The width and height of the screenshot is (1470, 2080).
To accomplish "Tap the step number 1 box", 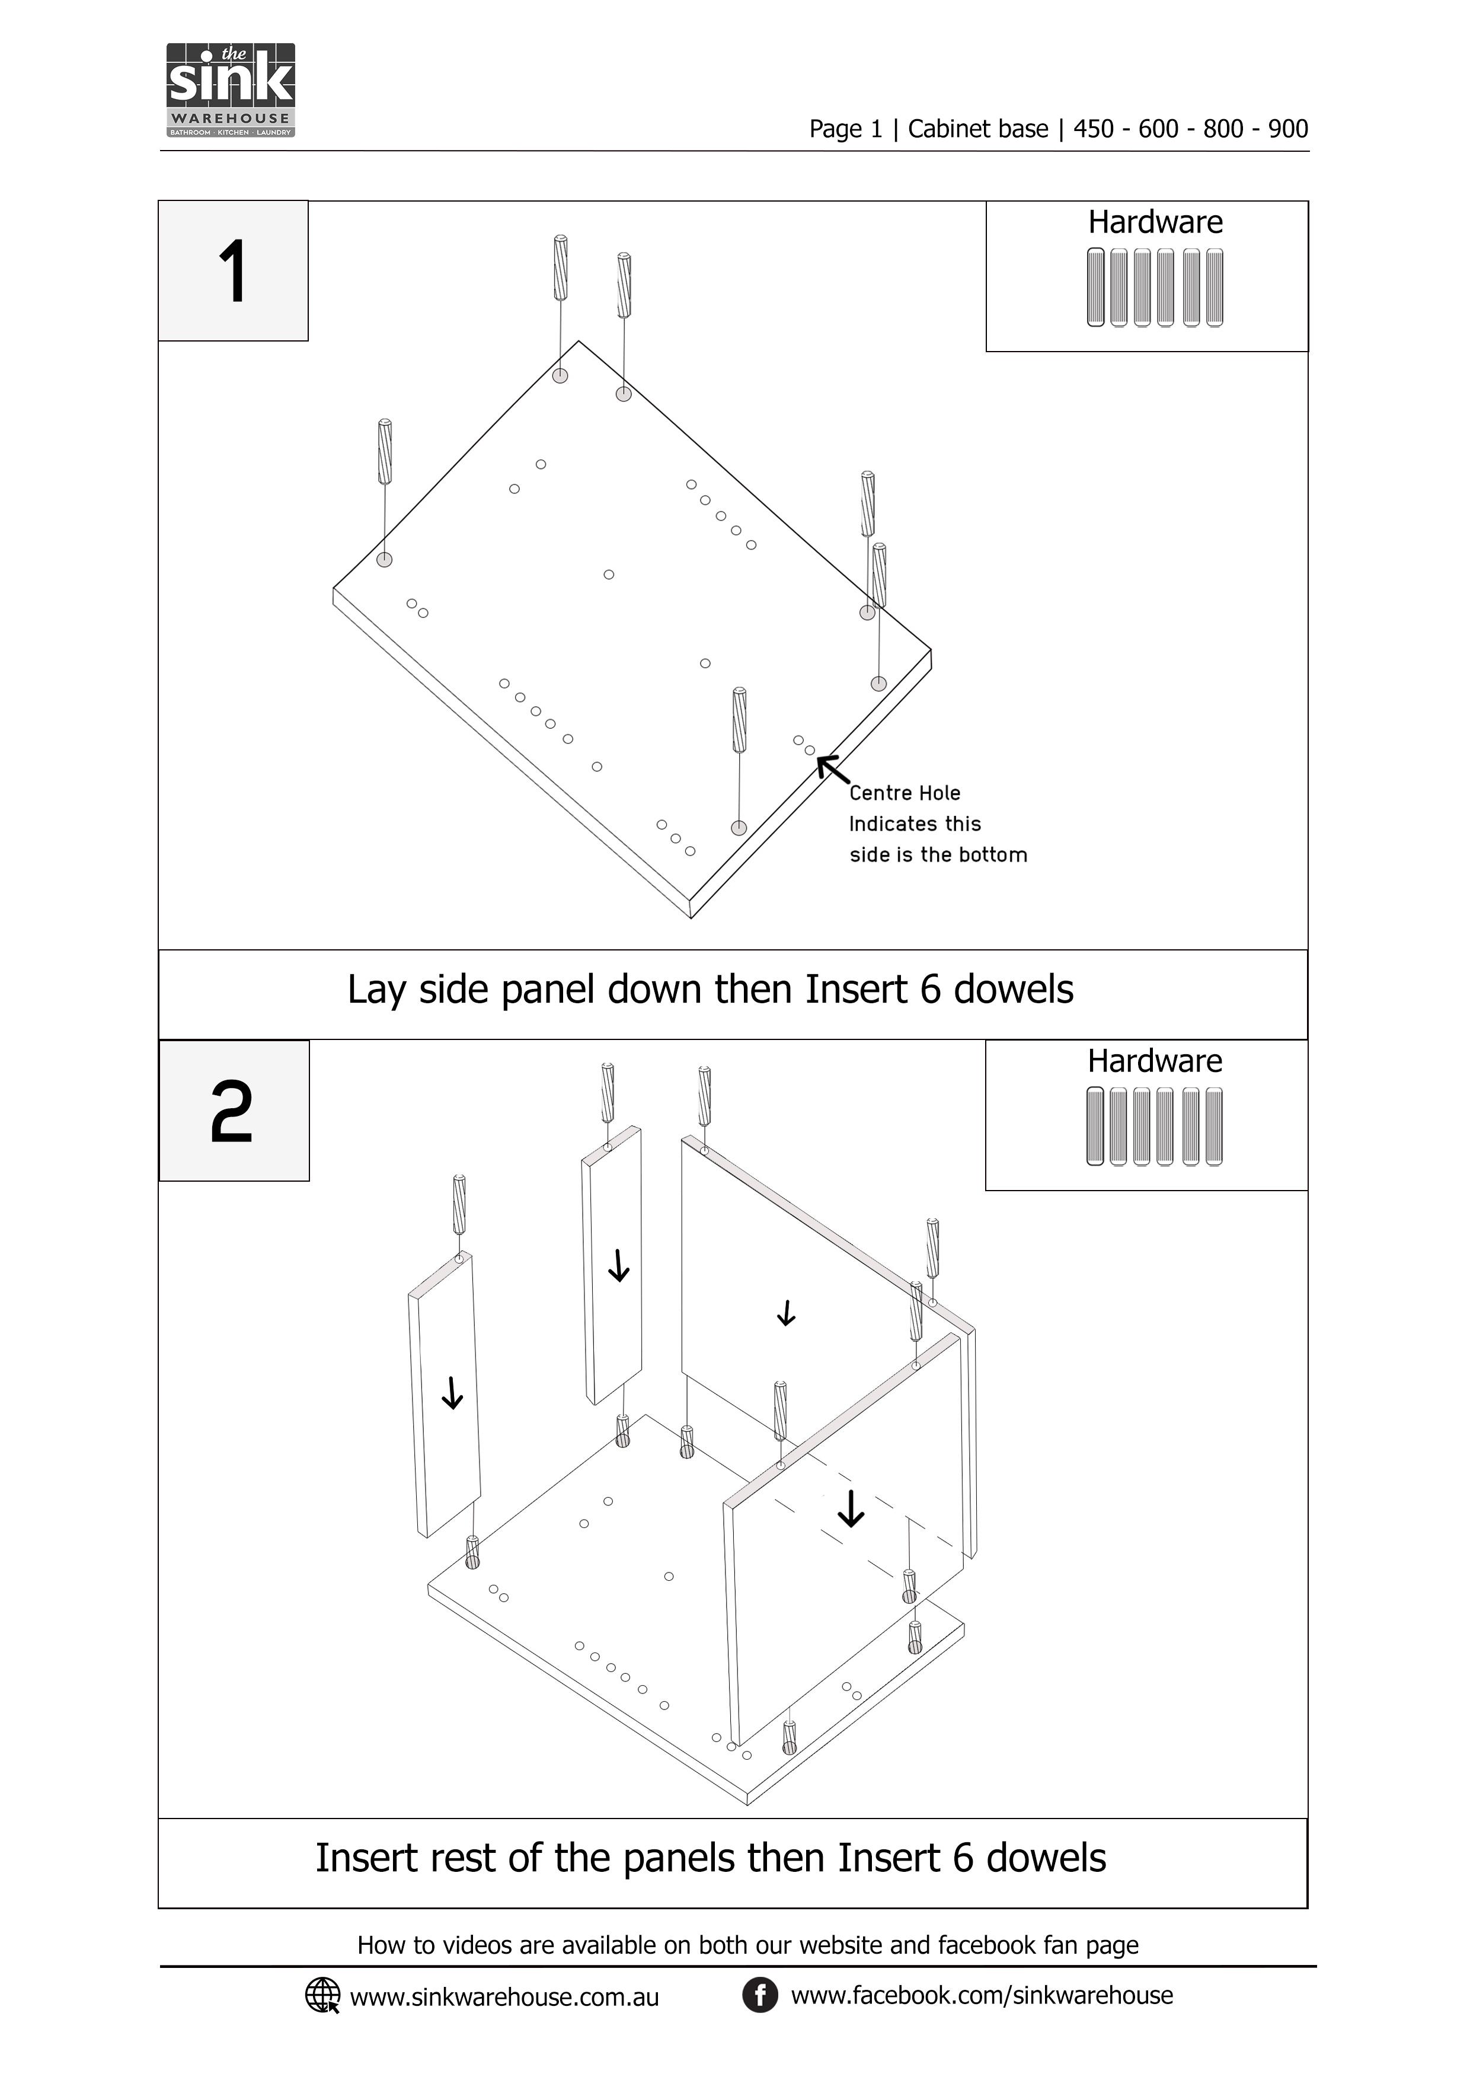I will click(234, 271).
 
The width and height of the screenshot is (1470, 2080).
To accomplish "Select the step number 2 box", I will click(234, 1111).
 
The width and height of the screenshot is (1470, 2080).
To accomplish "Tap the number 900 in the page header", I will click(1288, 129).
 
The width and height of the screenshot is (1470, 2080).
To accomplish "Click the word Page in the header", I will click(835, 129).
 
